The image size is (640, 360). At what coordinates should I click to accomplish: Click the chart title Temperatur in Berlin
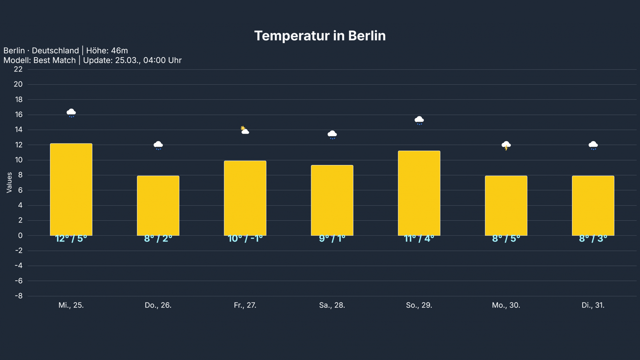pos(320,36)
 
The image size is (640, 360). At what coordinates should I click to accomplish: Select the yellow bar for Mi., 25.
pos(71,190)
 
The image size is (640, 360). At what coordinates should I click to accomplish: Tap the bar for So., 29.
pos(419,193)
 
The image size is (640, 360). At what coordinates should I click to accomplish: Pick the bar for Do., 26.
pos(158,205)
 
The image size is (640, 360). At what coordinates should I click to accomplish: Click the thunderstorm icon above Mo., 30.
pos(506,145)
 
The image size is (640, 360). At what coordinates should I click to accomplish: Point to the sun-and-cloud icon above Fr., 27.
pos(245,130)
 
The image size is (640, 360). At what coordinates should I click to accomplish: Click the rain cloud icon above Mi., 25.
pos(71,113)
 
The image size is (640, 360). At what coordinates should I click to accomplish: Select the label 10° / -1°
pos(245,239)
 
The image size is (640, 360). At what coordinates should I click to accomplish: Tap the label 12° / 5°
pos(71,239)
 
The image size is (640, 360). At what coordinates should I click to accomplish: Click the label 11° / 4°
pos(419,239)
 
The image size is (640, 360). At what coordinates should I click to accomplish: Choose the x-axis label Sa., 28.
pos(332,305)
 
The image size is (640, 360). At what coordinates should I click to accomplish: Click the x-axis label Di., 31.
pos(593,305)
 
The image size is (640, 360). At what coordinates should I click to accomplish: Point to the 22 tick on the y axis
pos(18,69)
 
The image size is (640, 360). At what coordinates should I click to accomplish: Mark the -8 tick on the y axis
pos(19,296)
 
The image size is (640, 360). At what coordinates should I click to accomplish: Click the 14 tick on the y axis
pos(18,130)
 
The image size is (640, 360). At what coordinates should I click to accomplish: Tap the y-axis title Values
pos(9,182)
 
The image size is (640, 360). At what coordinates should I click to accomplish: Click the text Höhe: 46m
pos(107,51)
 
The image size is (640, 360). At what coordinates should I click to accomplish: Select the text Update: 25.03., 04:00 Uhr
pos(132,60)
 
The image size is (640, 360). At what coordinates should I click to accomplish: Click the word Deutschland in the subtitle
pos(55,51)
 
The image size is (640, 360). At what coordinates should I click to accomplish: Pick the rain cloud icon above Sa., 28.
pos(332,135)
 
